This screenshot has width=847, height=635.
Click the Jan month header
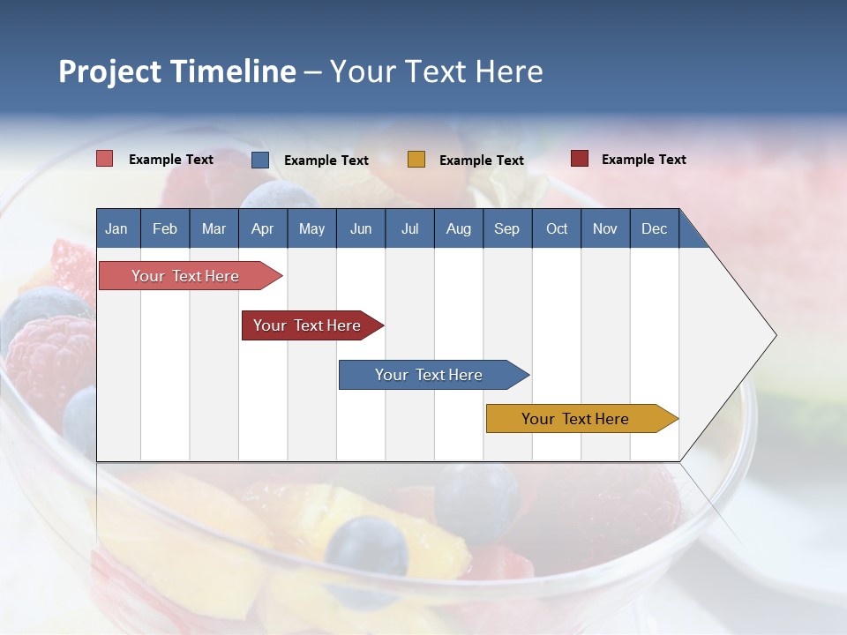click(x=116, y=228)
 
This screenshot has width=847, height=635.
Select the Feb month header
click(x=165, y=228)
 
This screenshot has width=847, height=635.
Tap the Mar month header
click(x=214, y=228)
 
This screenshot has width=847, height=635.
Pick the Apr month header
click(x=262, y=228)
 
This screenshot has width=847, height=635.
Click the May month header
click(x=311, y=228)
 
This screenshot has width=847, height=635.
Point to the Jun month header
click(x=361, y=228)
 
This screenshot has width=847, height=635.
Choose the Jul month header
click(x=409, y=228)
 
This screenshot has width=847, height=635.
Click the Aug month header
click(x=459, y=228)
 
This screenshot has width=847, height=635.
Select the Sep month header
click(x=507, y=228)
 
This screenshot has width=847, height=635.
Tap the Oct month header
click(x=557, y=228)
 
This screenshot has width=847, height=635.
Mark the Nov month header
click(x=605, y=228)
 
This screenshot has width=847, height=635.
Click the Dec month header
click(x=655, y=228)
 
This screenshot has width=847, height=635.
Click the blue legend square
click(x=260, y=160)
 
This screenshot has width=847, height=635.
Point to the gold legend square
click(x=416, y=160)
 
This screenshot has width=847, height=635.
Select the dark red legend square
click(x=579, y=159)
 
